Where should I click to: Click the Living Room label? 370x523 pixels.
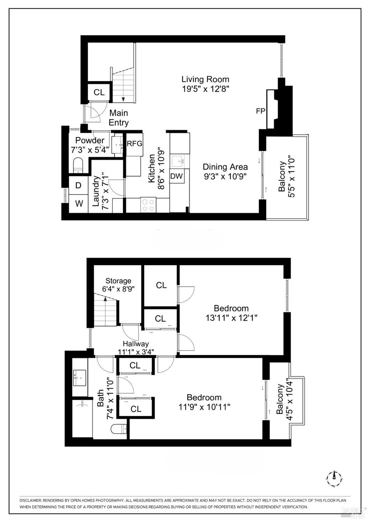coord(205,79)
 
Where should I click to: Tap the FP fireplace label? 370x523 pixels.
coord(260,111)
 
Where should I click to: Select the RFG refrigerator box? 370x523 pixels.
coord(134,143)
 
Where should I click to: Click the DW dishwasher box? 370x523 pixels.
coord(177,176)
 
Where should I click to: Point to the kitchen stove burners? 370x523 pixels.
coord(148,205)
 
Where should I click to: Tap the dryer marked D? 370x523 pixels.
coord(79,185)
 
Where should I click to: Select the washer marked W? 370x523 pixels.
coord(79,203)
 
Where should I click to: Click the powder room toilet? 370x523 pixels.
coord(78,165)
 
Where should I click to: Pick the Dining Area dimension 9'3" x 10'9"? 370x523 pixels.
coord(225,176)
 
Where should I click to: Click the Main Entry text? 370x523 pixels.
coord(119,118)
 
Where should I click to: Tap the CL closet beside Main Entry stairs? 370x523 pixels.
coord(99,92)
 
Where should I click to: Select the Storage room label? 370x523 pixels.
coord(118,281)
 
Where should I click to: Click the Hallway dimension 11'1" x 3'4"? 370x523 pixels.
coord(135,352)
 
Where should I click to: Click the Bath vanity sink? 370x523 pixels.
coord(80,377)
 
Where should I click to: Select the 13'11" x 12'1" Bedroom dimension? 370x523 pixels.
coord(231,318)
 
